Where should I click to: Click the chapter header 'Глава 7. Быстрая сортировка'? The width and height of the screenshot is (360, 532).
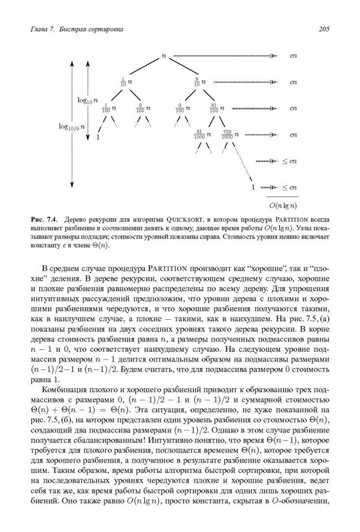point(77,28)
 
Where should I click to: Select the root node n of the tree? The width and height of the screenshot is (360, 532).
point(164,56)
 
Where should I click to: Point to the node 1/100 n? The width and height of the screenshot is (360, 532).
point(109,108)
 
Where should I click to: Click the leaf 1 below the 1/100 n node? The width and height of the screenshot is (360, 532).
point(98,137)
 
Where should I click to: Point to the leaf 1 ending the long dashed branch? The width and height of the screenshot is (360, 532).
point(253,187)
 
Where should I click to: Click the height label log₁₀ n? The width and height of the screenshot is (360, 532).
point(87,100)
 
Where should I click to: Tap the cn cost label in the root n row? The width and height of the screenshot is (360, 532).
point(293,56)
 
